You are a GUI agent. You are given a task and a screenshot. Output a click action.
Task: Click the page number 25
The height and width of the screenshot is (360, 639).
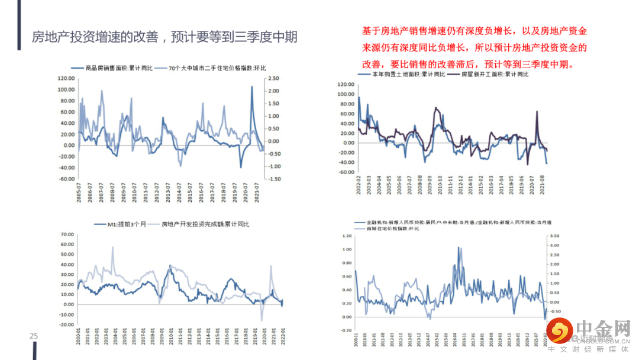point(34,336)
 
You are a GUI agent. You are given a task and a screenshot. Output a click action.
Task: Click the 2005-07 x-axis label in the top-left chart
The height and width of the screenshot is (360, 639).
point(79,193)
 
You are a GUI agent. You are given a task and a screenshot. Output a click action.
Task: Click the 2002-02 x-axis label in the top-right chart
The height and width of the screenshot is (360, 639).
point(358,185)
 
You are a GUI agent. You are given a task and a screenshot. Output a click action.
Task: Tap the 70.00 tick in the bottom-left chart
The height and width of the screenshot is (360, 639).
point(67,234)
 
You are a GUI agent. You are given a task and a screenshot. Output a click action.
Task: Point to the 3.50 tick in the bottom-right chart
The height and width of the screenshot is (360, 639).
point(555,236)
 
